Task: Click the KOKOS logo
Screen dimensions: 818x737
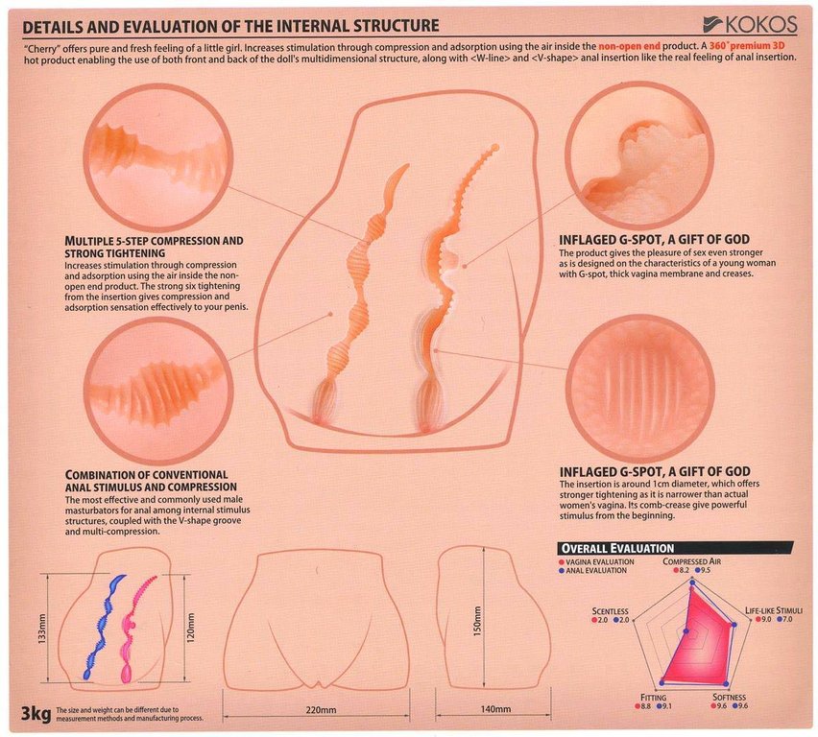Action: (x=750, y=24)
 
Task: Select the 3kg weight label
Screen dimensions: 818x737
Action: (x=36, y=713)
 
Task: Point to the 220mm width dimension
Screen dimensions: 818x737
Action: (x=321, y=709)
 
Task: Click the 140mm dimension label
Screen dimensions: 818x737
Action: (x=495, y=709)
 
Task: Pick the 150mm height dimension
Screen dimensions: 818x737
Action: (x=477, y=621)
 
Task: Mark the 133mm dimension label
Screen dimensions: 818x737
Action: (x=42, y=629)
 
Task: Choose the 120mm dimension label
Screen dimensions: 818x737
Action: (x=190, y=628)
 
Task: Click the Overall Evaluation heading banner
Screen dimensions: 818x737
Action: (x=675, y=548)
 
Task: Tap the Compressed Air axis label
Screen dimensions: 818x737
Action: (x=692, y=561)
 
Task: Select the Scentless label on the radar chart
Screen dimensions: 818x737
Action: (x=610, y=610)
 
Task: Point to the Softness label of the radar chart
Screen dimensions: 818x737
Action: (x=730, y=697)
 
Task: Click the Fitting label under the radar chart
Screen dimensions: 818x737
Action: (x=653, y=698)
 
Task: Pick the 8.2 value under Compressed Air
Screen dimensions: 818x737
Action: (x=684, y=570)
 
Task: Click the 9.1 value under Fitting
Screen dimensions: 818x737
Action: (x=666, y=706)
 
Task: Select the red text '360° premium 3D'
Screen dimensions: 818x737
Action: (x=747, y=46)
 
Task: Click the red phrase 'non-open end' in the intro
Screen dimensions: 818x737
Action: (x=629, y=46)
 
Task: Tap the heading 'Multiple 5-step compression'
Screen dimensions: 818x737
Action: (x=154, y=241)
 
